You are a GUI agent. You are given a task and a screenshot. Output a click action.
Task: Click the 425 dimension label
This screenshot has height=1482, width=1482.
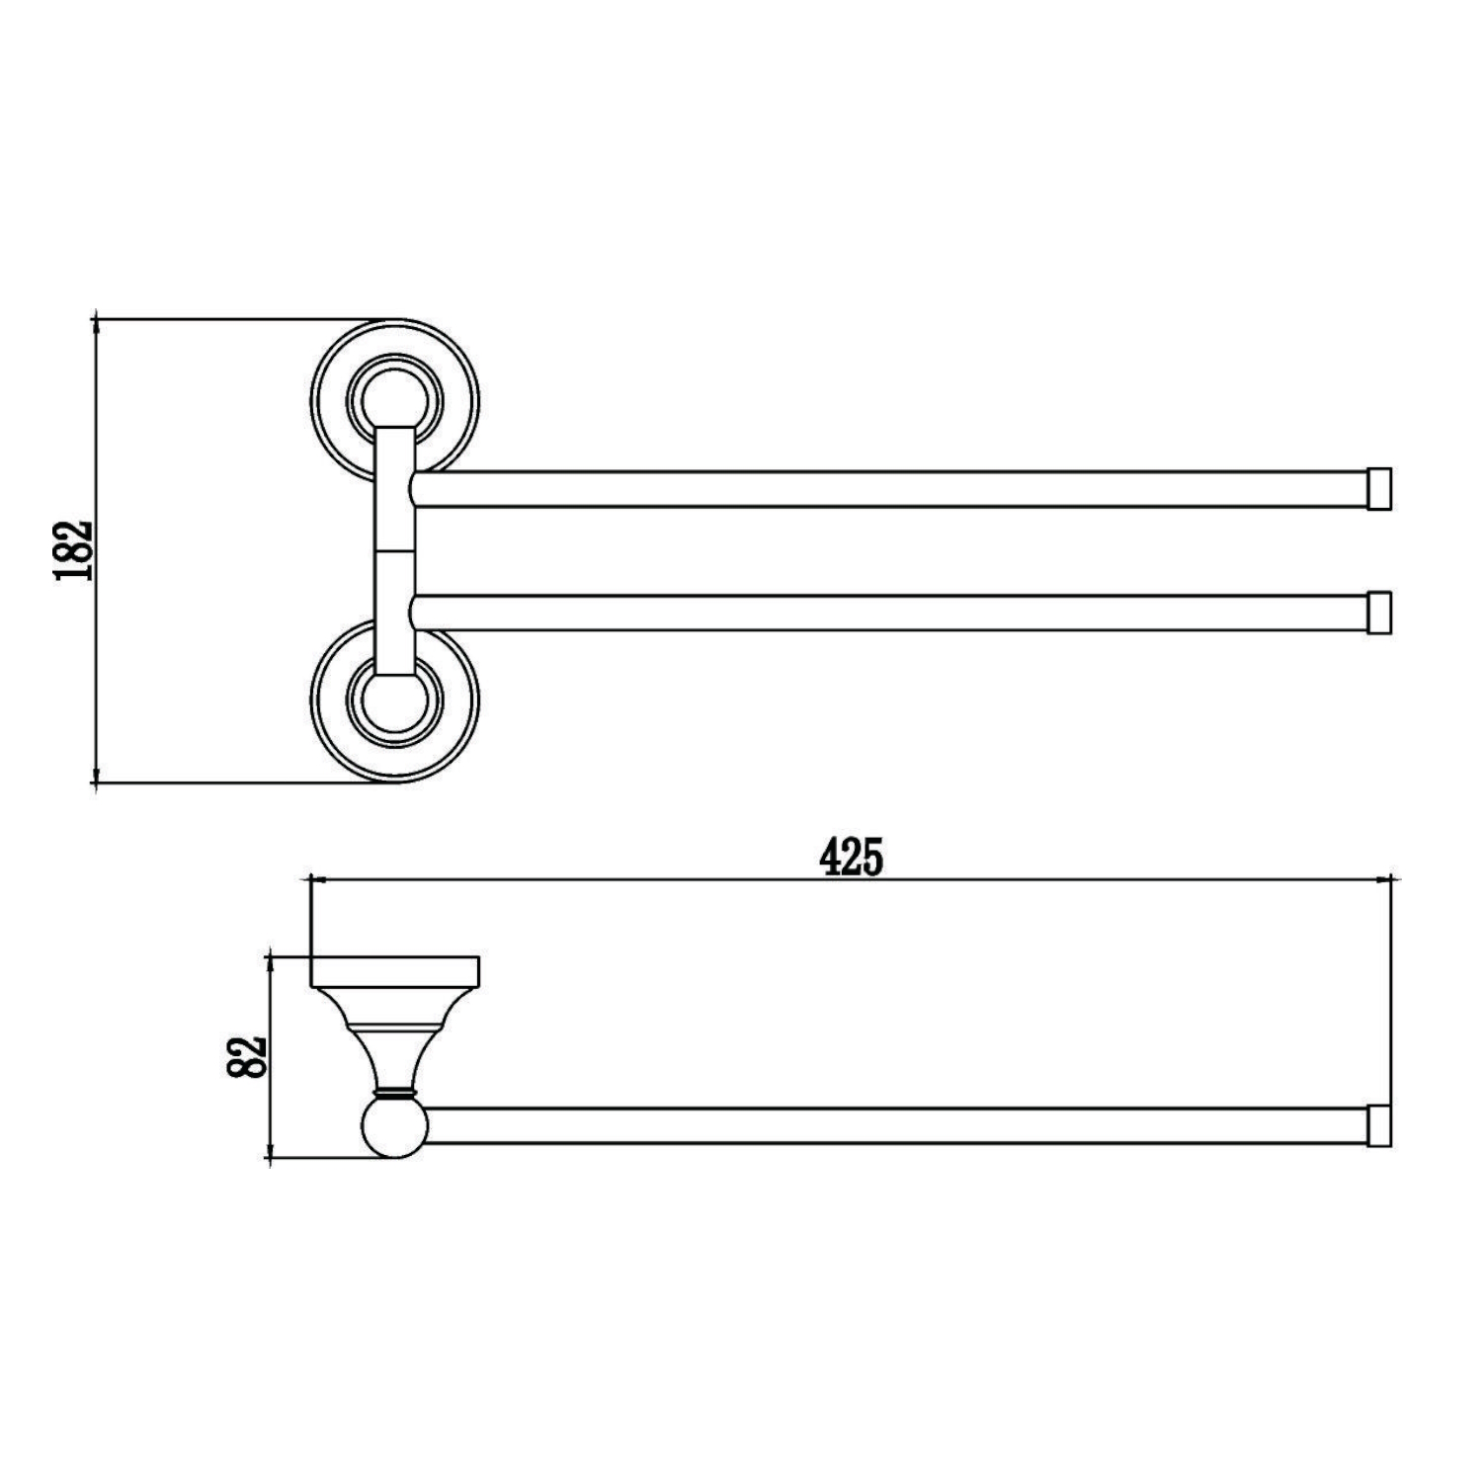851,857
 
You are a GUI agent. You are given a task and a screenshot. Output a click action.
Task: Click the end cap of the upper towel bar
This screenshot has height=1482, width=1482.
1379,489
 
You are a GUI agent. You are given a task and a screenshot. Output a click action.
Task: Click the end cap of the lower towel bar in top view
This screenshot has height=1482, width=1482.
1379,613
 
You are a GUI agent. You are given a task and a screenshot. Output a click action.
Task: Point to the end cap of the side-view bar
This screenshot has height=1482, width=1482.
1379,1126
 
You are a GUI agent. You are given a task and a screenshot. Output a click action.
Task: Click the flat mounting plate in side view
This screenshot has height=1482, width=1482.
395,972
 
